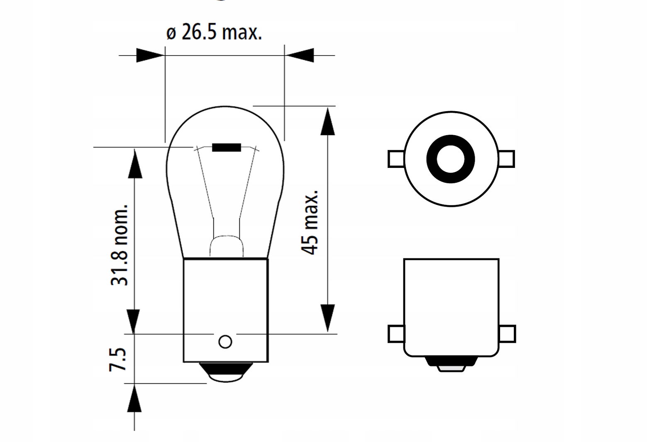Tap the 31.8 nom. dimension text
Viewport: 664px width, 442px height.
coord(119,245)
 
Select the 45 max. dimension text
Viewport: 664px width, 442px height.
coord(310,223)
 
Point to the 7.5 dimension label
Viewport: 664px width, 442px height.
coord(117,359)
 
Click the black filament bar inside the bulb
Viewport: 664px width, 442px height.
coord(227,147)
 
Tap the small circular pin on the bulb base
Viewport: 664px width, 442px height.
coord(225,342)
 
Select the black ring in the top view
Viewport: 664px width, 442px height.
coord(451,159)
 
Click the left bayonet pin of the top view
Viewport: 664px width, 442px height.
coord(396,159)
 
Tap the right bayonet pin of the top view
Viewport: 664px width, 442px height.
coord(506,159)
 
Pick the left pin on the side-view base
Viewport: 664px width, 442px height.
coord(396,334)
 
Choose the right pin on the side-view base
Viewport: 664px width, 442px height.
coord(507,334)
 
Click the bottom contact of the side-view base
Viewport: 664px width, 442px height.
coord(451,364)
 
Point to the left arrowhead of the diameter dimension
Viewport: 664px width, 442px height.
coord(150,56)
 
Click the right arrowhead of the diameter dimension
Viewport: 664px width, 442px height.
coord(299,56)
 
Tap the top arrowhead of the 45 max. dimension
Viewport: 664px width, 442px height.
coord(327,121)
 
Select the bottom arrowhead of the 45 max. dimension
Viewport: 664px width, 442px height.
coord(327,318)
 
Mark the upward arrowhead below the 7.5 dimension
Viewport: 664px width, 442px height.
coord(134,398)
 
